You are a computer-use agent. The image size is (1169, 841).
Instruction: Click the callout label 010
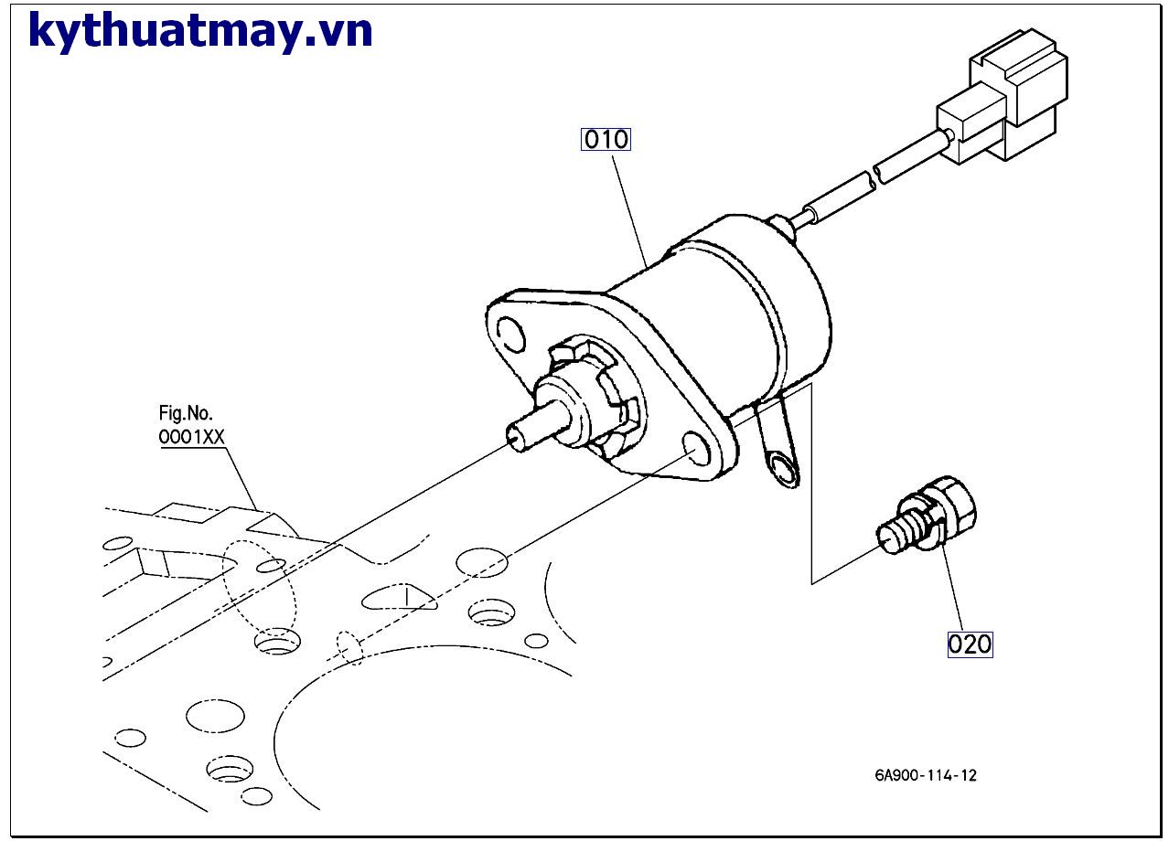pos(606,140)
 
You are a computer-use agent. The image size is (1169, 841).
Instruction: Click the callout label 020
pos(969,644)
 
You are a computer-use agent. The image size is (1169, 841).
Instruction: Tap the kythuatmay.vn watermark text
pos(200,31)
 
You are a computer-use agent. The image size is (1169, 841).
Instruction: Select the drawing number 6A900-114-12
pos(925,776)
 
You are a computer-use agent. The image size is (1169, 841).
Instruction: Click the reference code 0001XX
pos(191,437)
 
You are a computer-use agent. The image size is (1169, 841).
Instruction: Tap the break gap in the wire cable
pos(874,176)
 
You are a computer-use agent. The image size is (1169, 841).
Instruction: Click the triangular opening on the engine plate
pos(398,599)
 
